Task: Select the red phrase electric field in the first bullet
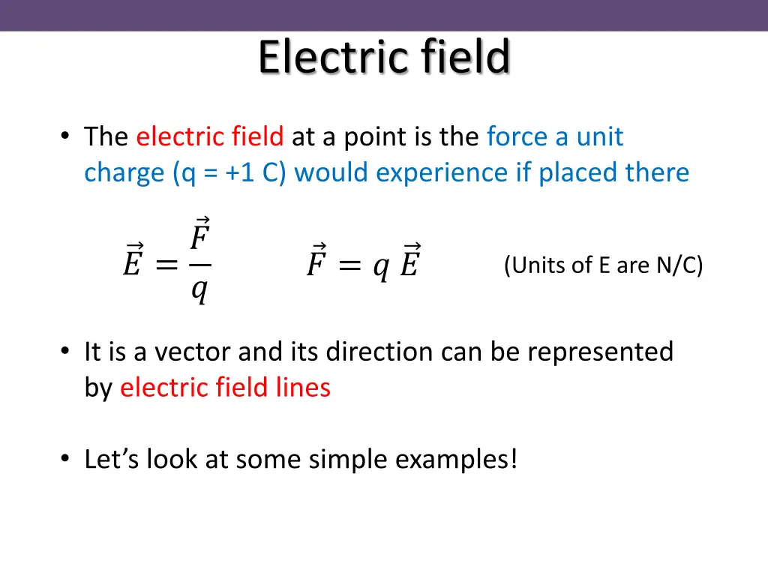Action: coord(209,137)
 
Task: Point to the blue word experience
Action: coord(442,173)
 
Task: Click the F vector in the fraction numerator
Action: coord(199,236)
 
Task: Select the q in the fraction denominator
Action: coord(199,289)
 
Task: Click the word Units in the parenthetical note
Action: coord(532,265)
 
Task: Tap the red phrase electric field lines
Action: coord(225,388)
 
